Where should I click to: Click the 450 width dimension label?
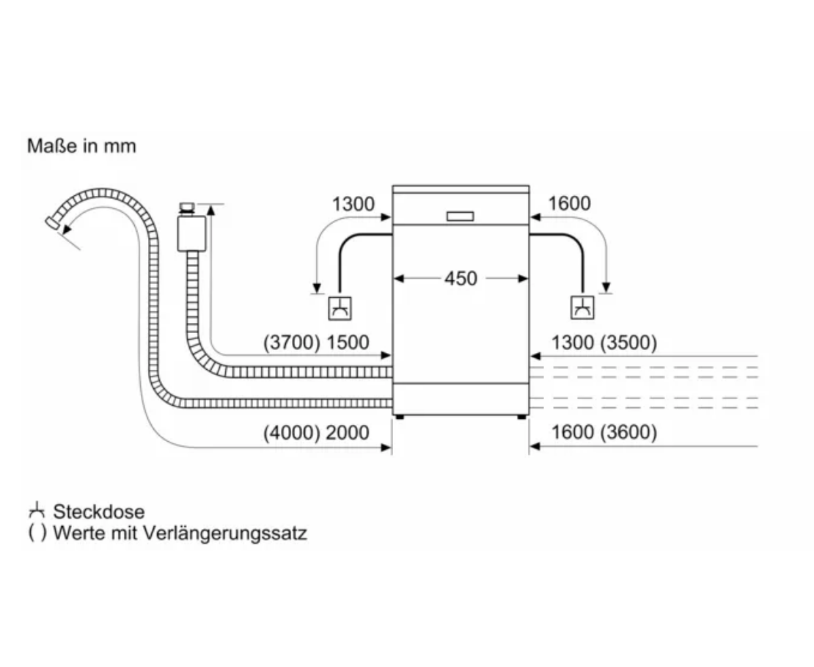461,279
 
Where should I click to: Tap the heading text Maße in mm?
81,146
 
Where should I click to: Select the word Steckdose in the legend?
99,511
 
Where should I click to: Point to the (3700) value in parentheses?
291,343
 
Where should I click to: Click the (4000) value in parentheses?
291,433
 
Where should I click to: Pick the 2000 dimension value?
348,433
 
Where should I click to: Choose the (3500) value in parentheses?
628,343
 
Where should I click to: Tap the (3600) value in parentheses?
628,432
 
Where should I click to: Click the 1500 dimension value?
348,343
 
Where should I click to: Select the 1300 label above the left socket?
353,204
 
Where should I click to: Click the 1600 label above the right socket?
570,204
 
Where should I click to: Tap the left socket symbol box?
340,308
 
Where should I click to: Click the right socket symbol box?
582,307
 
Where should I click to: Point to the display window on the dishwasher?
461,216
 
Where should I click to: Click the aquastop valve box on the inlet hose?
191,234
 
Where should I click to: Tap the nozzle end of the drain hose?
53,222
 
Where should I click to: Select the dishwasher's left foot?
400,417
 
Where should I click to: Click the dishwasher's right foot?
521,417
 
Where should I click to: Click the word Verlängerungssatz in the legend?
224,533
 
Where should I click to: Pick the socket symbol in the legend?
37,511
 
